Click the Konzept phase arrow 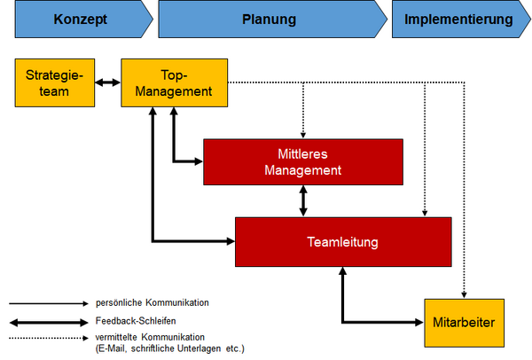(84, 19)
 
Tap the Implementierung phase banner (461, 19)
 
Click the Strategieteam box (55, 82)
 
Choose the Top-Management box (175, 82)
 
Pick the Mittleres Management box (303, 162)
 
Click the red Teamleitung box (343, 242)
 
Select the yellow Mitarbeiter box (464, 323)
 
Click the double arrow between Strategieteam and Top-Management (108, 82)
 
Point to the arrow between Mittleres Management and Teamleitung (303, 201)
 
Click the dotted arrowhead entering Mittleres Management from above (303, 135)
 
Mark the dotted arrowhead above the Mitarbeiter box (464, 295)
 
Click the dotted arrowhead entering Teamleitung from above (425, 214)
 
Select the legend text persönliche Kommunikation (153, 302)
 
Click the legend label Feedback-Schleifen (136, 321)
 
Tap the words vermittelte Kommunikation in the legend (150, 337)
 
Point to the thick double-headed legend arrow (49, 323)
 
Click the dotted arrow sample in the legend (49, 338)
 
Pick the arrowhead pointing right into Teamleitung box (231, 241)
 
